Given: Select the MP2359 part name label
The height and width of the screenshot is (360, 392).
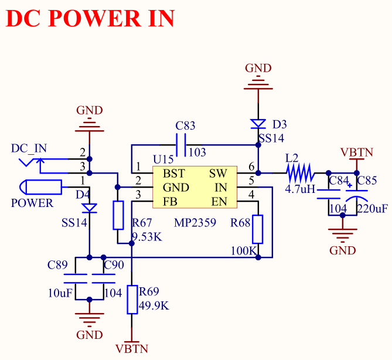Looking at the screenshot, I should [x=195, y=223].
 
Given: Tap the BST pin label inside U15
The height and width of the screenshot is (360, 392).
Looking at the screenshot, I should [x=174, y=174].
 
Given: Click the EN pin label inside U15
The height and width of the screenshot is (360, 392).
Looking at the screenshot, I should [x=219, y=202].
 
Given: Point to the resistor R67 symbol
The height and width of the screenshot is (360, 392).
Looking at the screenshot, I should [x=118, y=215].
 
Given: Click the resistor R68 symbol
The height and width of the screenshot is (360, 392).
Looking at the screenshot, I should [x=257, y=229].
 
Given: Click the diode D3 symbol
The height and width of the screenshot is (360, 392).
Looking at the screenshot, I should [x=258, y=124].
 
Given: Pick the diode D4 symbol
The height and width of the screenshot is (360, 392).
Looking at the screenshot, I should [x=89, y=208].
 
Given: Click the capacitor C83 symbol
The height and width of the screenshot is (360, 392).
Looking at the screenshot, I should [x=181, y=143].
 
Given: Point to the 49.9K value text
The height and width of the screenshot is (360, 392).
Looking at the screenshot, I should [x=154, y=305].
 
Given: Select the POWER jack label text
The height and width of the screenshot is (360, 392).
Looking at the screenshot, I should [x=32, y=203].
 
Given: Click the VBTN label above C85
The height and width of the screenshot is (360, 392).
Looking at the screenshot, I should [x=357, y=152].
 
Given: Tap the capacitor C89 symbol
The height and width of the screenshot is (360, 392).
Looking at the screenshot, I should [x=75, y=278].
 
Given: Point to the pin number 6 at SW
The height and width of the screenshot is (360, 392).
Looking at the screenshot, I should [x=251, y=166].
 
